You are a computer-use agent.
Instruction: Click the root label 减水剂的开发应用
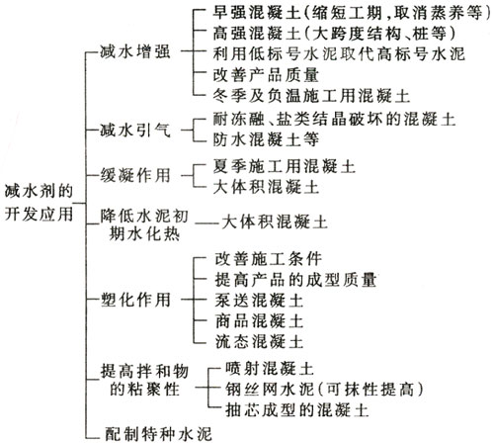point(39,203)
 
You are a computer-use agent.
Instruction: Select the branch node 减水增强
point(135,52)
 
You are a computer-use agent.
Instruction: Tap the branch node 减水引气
point(135,131)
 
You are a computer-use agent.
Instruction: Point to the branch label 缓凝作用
point(135,175)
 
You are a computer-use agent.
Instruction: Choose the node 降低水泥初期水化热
point(144,225)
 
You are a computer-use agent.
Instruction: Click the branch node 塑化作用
point(135,300)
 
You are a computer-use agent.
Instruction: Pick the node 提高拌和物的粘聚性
point(144,380)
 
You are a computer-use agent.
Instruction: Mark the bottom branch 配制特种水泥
point(158,434)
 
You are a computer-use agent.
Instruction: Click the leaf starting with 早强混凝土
point(352,13)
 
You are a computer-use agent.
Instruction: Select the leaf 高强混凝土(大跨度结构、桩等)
point(334,33)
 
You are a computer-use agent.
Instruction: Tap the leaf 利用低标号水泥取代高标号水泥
point(339,53)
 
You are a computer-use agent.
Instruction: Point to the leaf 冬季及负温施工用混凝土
point(311,96)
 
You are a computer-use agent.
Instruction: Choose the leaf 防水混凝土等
point(266,139)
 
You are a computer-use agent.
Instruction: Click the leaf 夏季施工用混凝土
point(284,166)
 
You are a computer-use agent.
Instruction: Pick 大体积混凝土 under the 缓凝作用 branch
point(266,187)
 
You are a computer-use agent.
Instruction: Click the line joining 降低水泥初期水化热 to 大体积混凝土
point(207,223)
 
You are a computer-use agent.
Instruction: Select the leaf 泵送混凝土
point(259,301)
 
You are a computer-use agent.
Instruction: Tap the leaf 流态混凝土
point(259,341)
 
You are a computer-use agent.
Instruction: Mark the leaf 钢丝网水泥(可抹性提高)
point(324,390)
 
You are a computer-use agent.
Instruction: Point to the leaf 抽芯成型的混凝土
point(296,410)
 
